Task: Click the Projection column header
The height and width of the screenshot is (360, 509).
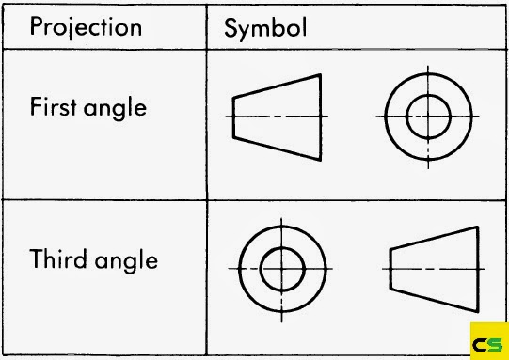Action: coord(86,25)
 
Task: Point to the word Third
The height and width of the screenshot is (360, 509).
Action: coord(58,258)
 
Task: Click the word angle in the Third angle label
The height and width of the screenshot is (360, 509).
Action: coord(127,261)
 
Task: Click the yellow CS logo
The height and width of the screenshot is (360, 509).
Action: coord(488,340)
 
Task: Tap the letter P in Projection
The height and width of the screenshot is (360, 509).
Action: coord(36,25)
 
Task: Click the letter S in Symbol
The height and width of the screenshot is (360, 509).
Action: coord(231,27)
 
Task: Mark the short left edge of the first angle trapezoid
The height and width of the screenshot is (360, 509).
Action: coord(233,116)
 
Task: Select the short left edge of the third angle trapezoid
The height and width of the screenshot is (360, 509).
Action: coord(390,267)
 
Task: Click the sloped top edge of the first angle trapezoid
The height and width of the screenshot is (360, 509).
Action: coord(277,85)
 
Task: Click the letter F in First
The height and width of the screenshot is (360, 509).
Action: coord(35,106)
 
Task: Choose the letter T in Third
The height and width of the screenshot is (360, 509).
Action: coord(37,258)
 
